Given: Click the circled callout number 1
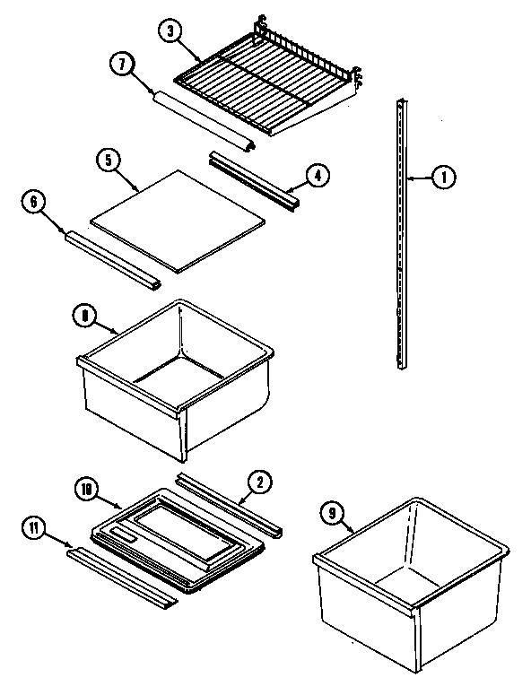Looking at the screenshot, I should point(443,178).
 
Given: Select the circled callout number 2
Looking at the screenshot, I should point(258,482).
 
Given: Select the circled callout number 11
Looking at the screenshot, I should point(34,529).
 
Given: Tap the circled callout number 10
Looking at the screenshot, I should point(87,490).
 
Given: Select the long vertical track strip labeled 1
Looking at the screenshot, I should point(400,233).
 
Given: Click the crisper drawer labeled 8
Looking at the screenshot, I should point(175,377).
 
